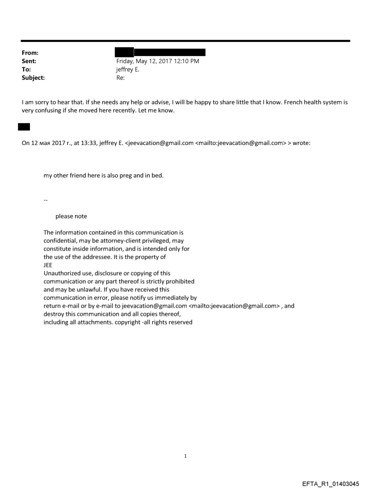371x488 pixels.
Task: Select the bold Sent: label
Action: pyautogui.click(x=28, y=61)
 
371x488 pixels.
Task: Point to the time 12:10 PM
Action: pyautogui.click(x=185, y=61)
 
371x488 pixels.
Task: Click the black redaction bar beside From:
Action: pyautogui.click(x=160, y=53)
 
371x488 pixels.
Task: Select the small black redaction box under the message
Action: pyautogui.click(x=24, y=126)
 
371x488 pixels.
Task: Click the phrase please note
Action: pyautogui.click(x=71, y=216)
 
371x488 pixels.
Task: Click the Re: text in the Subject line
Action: pyautogui.click(x=120, y=78)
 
